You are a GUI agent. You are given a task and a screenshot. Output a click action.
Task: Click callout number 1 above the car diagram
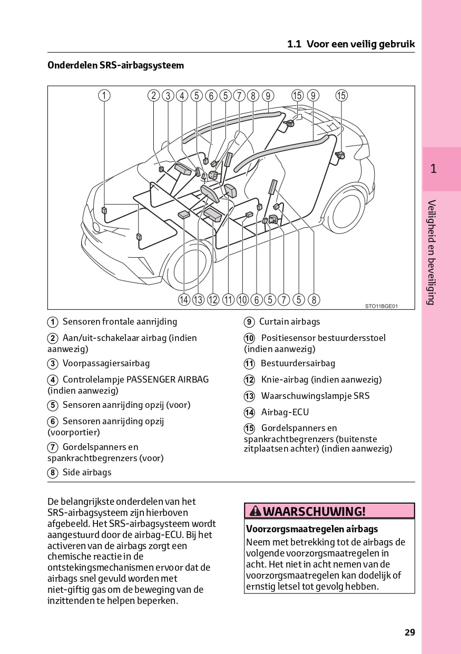coord(104,95)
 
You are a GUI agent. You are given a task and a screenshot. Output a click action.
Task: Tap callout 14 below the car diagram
coord(183,300)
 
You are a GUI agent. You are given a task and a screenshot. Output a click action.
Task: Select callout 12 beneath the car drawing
coord(213,300)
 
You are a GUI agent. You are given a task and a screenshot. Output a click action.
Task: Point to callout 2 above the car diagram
coord(153,95)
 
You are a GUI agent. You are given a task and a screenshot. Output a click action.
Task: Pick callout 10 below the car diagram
coord(242,300)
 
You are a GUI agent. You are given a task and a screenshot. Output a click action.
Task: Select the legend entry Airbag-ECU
coord(285,412)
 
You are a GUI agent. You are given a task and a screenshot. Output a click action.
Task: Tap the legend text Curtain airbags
coord(289,321)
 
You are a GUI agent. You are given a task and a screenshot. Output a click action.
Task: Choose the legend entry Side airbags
coord(87,472)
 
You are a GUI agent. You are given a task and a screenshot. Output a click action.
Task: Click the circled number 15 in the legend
coord(249,428)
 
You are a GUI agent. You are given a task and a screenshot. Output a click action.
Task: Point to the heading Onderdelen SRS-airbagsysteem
coord(116,65)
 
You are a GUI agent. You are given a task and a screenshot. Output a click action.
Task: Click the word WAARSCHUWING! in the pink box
coord(313,511)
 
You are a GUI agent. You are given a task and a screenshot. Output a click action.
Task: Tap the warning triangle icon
coord(255,511)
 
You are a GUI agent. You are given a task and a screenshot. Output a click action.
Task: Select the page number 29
coord(410,632)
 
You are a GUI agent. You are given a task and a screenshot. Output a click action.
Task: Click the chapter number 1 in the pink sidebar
coord(433,169)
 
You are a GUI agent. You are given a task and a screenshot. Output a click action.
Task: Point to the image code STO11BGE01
coord(381,306)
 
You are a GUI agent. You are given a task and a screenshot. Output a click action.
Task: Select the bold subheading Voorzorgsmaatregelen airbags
coord(312,529)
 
